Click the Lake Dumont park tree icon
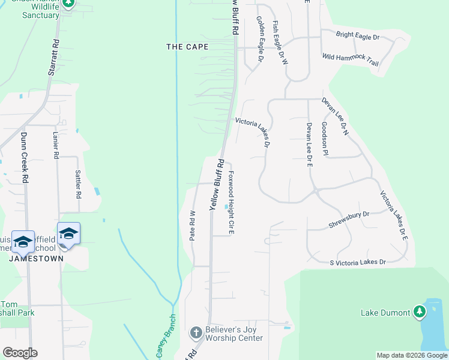420,312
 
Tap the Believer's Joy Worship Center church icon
195,332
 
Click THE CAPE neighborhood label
187,47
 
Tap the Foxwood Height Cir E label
231,202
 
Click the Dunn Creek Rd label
25,158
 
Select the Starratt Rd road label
53,58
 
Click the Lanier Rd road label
56,145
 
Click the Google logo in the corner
20,353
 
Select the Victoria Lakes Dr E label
394,215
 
